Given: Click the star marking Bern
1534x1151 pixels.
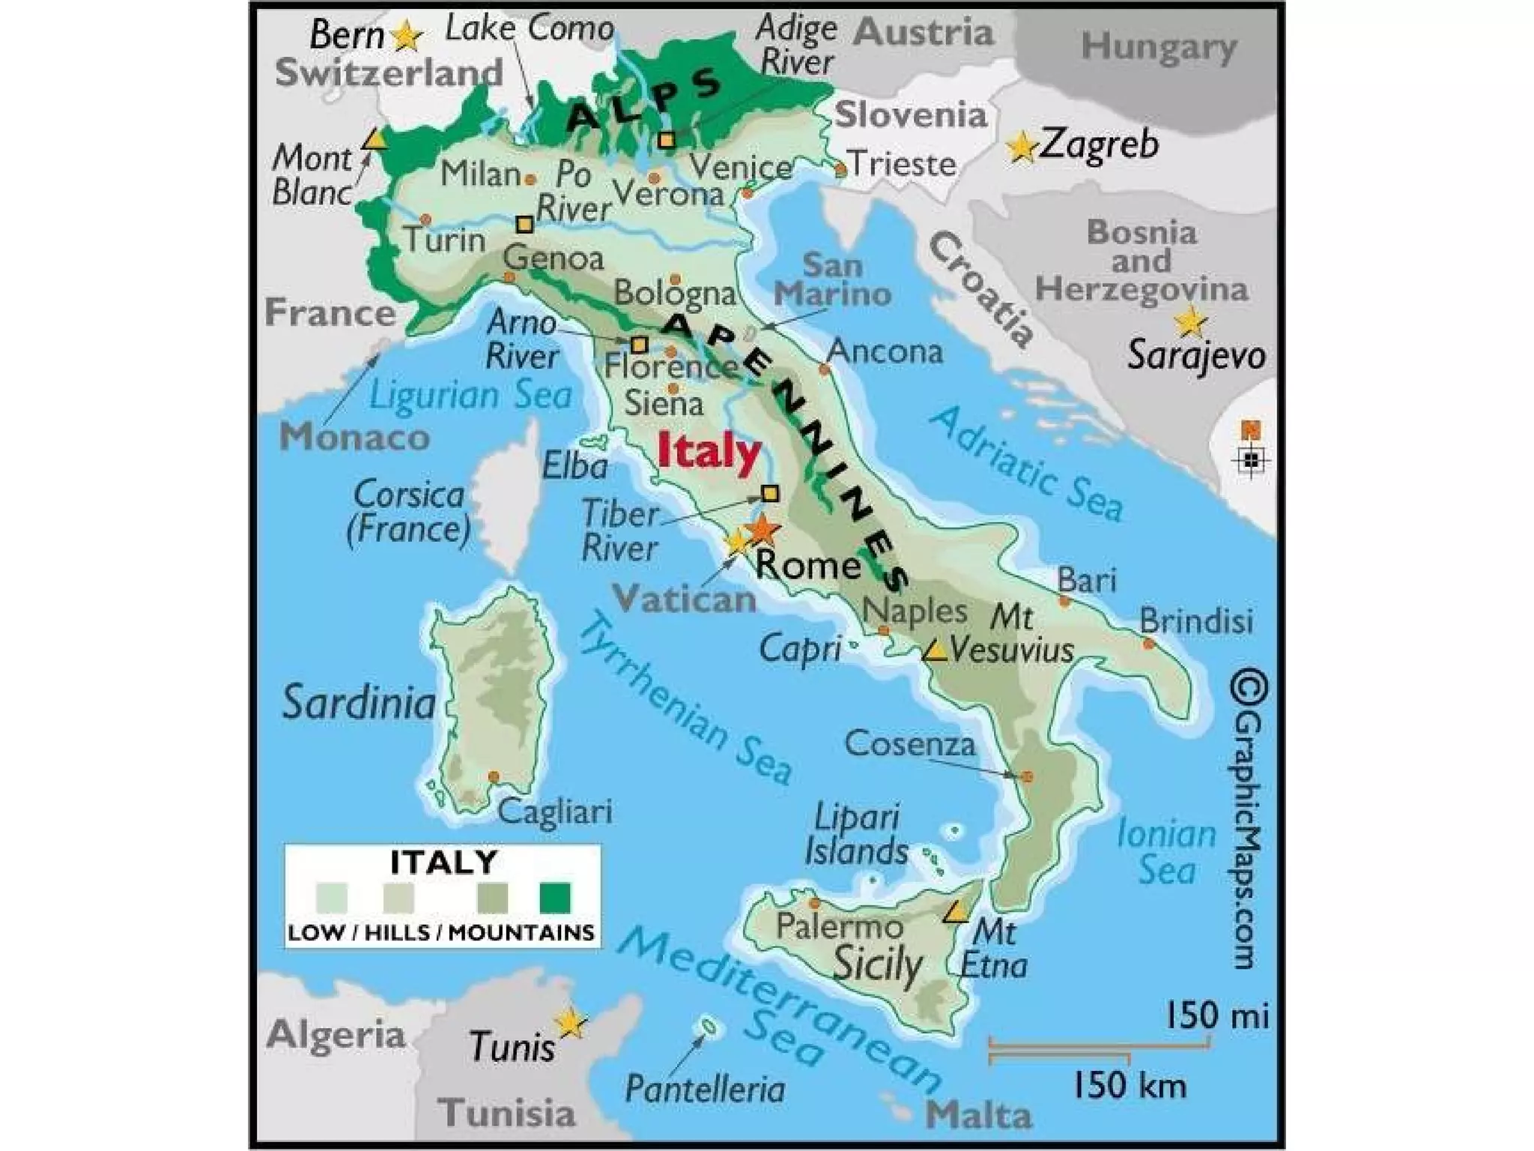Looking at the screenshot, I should click(x=407, y=36).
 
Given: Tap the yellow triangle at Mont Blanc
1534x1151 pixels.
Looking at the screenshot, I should click(x=373, y=140).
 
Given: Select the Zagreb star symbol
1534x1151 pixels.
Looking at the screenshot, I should click(x=1022, y=147).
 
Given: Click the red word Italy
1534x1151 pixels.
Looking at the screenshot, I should click(x=709, y=453).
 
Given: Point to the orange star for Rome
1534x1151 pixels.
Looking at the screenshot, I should click(x=762, y=530).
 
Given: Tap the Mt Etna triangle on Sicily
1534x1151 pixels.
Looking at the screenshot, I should click(x=954, y=913).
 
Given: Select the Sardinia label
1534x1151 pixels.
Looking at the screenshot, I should click(x=359, y=703).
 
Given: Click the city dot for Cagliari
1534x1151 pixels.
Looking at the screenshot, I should click(x=494, y=777).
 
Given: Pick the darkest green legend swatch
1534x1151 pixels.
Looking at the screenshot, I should click(x=554, y=897).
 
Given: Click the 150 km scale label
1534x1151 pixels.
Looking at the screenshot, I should click(x=1130, y=1085).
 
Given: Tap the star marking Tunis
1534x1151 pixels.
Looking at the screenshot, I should click(x=570, y=1023).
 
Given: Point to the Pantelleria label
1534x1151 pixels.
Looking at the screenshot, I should click(x=705, y=1089).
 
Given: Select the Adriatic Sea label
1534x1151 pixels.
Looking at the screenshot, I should click(x=1026, y=463).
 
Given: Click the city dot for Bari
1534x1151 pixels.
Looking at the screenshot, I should click(x=1064, y=601).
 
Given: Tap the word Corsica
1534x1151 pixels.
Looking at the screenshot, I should click(x=409, y=495).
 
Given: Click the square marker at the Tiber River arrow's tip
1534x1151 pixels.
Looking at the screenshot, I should click(x=769, y=493).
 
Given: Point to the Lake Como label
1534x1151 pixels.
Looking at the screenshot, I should click(x=530, y=28).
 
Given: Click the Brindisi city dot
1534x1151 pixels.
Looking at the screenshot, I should click(x=1148, y=644).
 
